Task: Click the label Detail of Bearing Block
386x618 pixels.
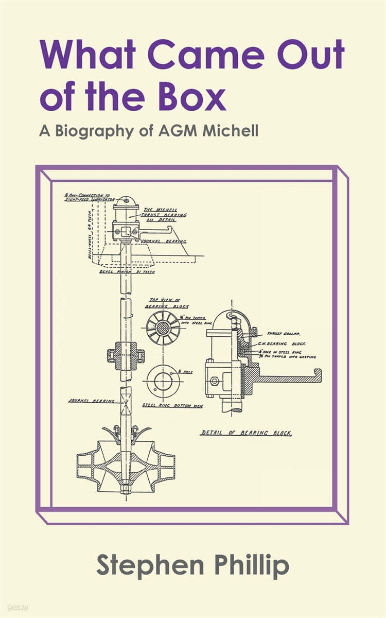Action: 246,433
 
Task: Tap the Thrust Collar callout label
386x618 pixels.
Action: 280,334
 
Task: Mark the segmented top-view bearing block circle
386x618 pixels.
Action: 163,328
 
